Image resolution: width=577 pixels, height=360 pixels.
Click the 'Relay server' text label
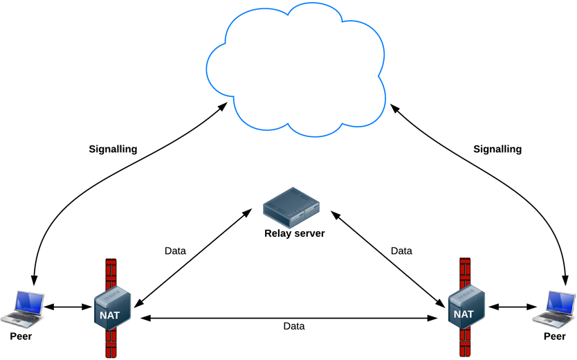[x=294, y=233]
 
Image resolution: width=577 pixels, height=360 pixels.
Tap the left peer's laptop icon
[x=21, y=308]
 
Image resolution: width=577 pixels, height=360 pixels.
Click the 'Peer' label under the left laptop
[x=21, y=336]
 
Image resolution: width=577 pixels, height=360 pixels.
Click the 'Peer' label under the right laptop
[x=555, y=336]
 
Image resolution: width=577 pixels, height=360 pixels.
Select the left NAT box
[x=112, y=307]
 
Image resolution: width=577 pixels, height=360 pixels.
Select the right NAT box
[x=464, y=307]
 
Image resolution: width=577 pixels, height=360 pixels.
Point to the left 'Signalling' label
[x=113, y=149]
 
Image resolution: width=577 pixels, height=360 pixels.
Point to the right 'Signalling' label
[x=497, y=149]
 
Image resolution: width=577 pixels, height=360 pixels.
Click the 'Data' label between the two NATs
[x=294, y=325]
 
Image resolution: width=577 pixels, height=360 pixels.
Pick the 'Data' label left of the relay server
[x=175, y=251]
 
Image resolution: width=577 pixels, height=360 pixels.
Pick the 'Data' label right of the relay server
[x=401, y=251]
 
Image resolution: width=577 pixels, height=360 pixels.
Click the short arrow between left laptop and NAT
[x=68, y=306]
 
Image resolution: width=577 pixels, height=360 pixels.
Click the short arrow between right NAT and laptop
[x=513, y=305]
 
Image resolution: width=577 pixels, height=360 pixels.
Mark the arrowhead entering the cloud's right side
[x=394, y=108]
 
